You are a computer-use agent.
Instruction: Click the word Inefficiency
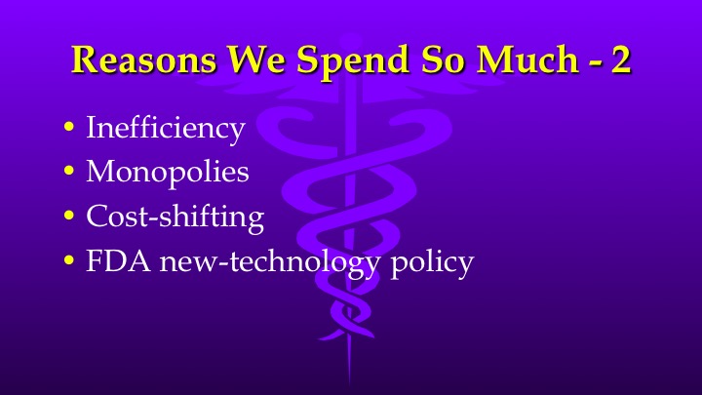pyautogui.click(x=165, y=128)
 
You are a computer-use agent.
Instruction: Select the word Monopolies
pyautogui.click(x=167, y=174)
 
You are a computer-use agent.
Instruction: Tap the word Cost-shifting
pyautogui.click(x=175, y=217)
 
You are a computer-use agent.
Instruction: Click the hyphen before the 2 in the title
pyautogui.click(x=594, y=63)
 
